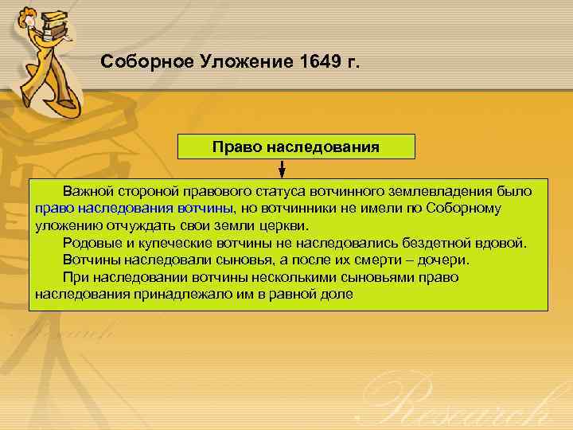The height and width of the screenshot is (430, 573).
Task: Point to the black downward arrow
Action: tap(283, 169)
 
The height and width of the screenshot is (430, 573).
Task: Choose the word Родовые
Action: tap(88, 243)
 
